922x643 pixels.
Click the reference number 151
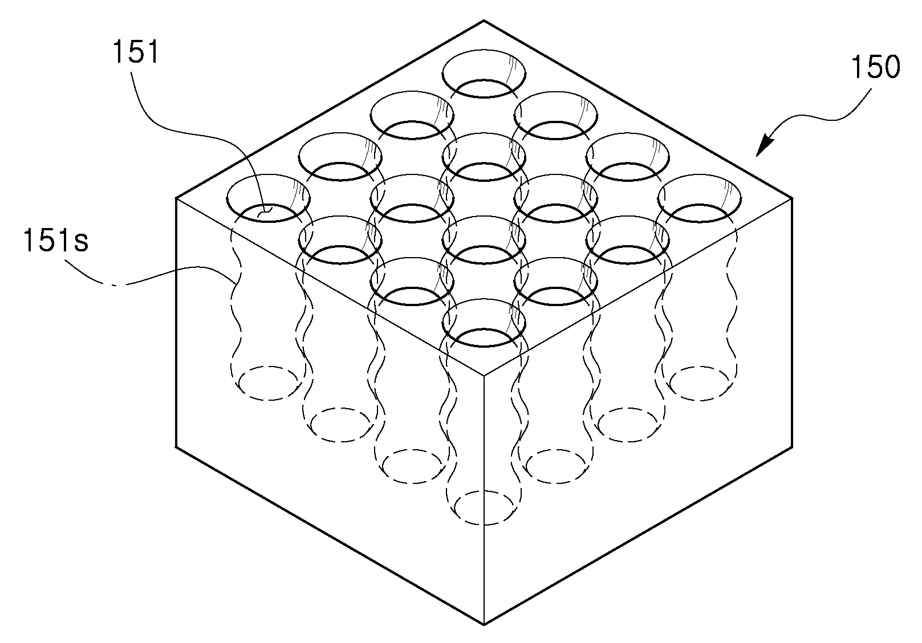pyautogui.click(x=136, y=52)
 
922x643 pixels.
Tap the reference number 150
pyautogui.click(x=875, y=67)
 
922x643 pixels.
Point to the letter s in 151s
pyautogui.click(x=80, y=243)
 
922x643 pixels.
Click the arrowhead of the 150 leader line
pyautogui.click(x=764, y=146)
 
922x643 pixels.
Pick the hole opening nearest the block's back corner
pyautogui.click(x=484, y=74)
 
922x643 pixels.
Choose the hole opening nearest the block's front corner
pyautogui.click(x=484, y=323)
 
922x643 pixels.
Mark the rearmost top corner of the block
pyautogui.click(x=484, y=20)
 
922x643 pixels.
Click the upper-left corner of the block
pyautogui.click(x=176, y=198)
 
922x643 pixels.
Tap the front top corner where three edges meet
pyautogui.click(x=484, y=375)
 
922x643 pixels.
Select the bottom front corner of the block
pyautogui.click(x=484, y=625)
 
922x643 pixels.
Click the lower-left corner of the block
pyautogui.click(x=176, y=447)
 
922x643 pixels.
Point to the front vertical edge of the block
pyautogui.click(x=484, y=500)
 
